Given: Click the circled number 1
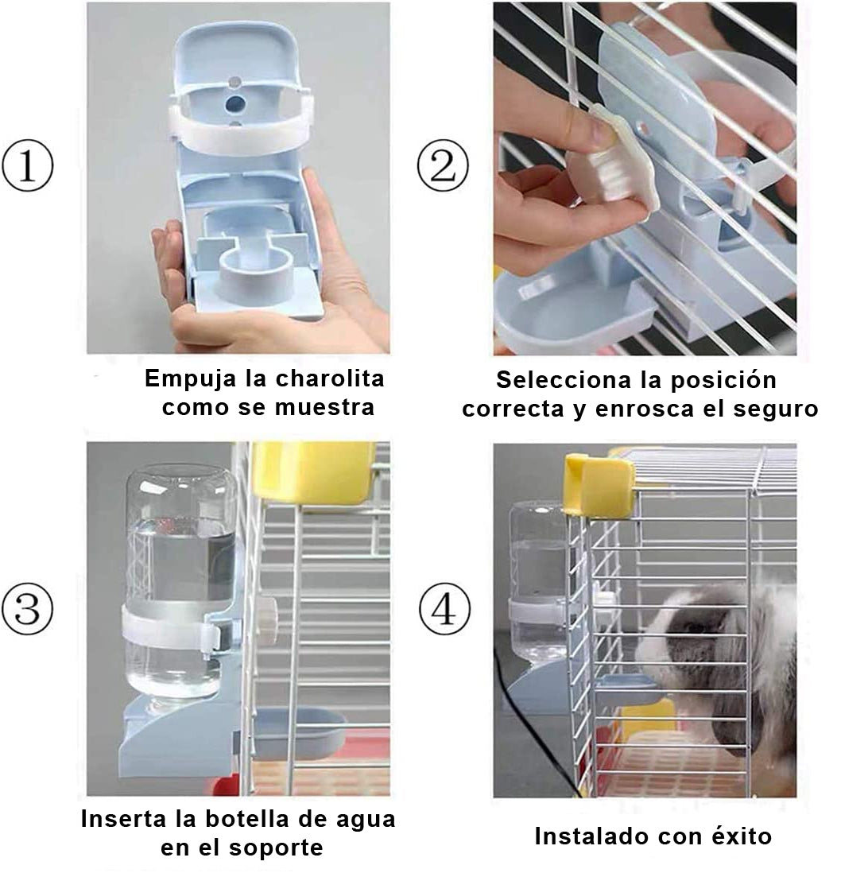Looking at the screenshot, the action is pyautogui.click(x=27, y=166).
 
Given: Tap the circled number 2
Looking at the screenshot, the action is pyautogui.click(x=444, y=166).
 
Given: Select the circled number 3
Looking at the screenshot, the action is pyautogui.click(x=27, y=608).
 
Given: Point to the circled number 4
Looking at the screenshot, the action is pyautogui.click(x=444, y=610).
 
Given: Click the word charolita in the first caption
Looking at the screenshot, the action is pyautogui.click(x=331, y=378).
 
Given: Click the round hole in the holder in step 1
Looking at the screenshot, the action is pyautogui.click(x=235, y=103).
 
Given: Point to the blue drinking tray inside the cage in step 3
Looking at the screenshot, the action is pyautogui.click(x=299, y=730).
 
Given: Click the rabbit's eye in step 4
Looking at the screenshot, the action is pyautogui.click(x=694, y=627).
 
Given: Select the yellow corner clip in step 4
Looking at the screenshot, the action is pyautogui.click(x=599, y=483).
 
